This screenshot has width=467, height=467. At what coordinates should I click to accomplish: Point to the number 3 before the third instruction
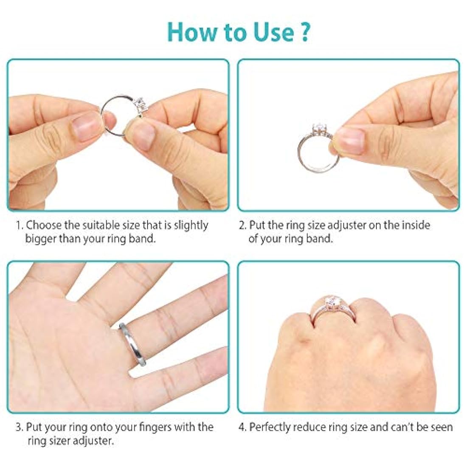coord(19,427)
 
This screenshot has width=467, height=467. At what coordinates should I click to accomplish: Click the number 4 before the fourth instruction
coord(242,427)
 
